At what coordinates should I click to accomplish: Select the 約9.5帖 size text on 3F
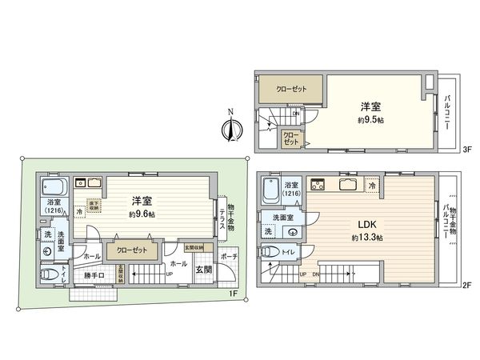pyautogui.click(x=369, y=119)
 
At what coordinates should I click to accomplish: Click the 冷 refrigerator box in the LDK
pyautogui.click(x=373, y=186)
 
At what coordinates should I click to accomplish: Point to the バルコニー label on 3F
pyautogui.click(x=446, y=111)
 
